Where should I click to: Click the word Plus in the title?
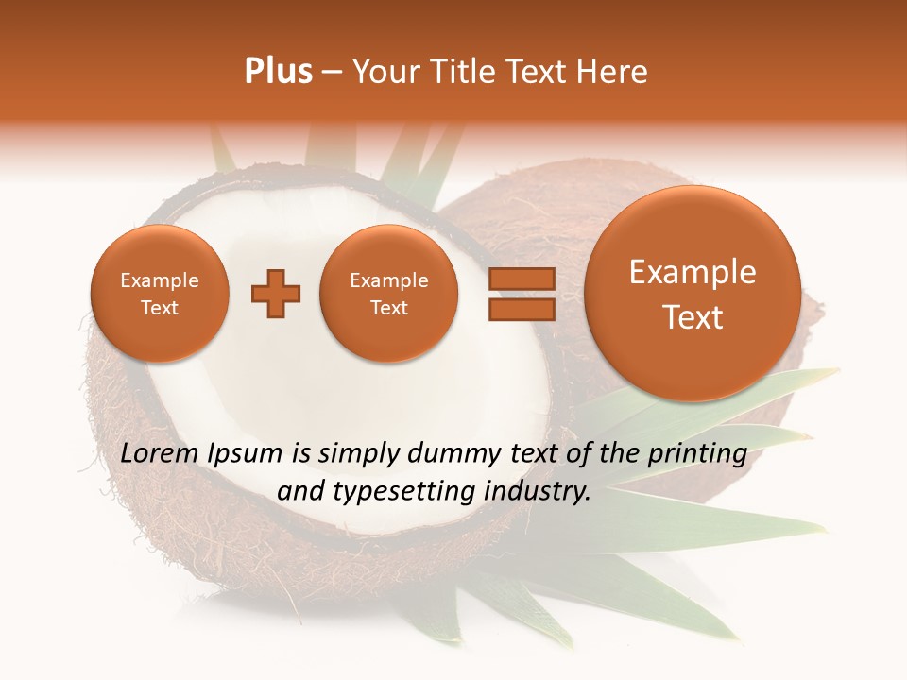click(278, 72)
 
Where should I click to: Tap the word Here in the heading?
click(614, 72)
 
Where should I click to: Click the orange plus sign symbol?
click(276, 294)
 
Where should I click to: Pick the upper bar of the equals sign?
click(521, 279)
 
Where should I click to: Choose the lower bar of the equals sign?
click(521, 310)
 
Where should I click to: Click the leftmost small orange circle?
click(159, 294)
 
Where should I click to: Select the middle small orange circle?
click(388, 294)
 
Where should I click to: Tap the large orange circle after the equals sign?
click(693, 294)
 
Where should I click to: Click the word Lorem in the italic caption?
click(161, 453)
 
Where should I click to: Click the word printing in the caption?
click(697, 454)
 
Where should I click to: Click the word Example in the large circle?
click(693, 272)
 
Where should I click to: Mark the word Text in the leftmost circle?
click(159, 308)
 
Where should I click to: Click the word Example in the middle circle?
click(388, 280)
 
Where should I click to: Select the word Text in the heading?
click(542, 72)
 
